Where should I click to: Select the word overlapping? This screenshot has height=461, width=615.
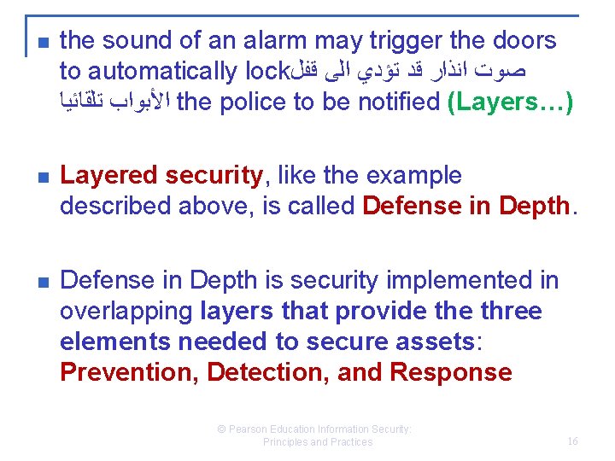[126, 311]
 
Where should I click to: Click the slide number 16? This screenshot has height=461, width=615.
[572, 441]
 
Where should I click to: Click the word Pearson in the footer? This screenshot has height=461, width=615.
[252, 429]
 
